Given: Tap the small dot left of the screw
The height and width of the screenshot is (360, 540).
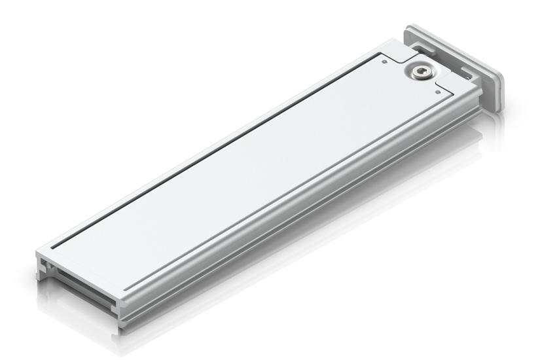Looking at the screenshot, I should click(x=384, y=63).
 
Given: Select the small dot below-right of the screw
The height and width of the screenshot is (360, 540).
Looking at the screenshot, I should click(x=438, y=92).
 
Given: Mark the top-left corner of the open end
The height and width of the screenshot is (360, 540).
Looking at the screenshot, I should click(x=39, y=252).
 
